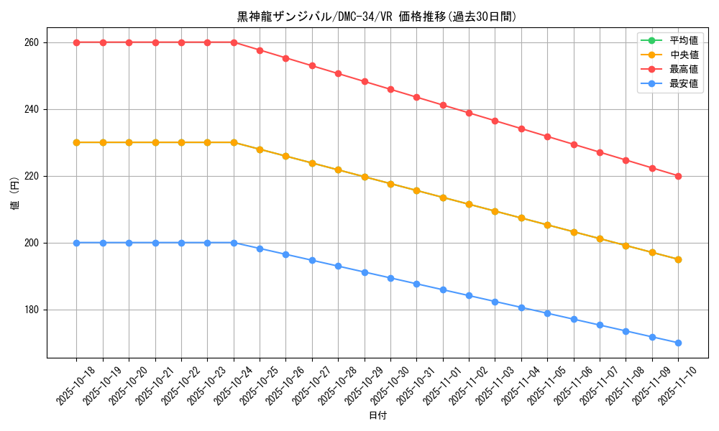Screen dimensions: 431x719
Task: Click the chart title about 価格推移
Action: coord(377,17)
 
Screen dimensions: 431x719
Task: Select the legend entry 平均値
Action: coord(684,40)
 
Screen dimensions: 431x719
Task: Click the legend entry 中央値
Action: coord(684,55)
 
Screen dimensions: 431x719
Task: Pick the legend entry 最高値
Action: coord(684,69)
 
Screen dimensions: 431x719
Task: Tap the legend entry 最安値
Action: coord(684,83)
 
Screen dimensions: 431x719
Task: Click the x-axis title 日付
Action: coord(377,416)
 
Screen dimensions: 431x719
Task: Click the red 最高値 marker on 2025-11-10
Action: coord(678,176)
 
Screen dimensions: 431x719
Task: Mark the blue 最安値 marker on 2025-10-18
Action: coord(77,243)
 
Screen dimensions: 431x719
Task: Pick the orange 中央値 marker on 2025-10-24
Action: coord(234,142)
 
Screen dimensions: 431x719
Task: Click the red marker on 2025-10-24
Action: coord(234,42)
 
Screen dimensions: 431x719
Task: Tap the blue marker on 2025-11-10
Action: coord(678,343)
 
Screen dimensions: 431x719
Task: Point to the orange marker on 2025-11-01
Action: coord(443,198)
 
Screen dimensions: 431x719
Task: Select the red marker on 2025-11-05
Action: coord(547,136)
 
